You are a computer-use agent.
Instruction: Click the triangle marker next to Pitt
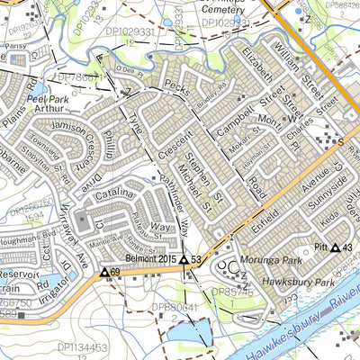coord(336,247)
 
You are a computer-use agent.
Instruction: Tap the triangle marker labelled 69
coord(104,271)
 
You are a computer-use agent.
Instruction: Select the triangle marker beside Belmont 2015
coord(184,261)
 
